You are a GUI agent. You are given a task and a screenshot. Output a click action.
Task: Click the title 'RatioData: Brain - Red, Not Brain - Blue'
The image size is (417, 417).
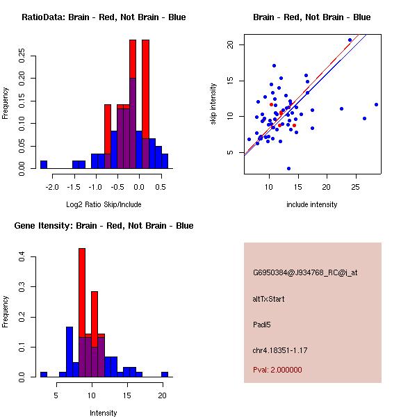(104, 17)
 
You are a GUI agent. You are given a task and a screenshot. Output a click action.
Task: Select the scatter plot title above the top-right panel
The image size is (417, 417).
(311, 17)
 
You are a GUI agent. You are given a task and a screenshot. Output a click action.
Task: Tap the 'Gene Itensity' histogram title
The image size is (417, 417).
(104, 226)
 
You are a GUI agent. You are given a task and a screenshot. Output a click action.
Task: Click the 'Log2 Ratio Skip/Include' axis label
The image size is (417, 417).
(104, 204)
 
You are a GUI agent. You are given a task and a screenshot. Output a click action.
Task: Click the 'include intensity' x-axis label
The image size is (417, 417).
(311, 204)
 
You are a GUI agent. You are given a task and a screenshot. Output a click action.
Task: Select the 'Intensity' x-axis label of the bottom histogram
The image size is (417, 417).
(104, 413)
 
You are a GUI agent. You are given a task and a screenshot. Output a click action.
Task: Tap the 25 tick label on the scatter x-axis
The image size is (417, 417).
(356, 186)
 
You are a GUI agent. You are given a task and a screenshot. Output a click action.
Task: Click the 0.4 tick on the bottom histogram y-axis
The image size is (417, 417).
(22, 257)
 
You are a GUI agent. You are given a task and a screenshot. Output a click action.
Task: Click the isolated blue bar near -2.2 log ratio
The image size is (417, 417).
(44, 165)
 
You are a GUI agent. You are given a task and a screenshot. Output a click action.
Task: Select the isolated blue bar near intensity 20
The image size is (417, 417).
(165, 374)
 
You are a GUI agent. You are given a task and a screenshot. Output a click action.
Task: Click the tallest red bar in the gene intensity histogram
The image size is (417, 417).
(82, 292)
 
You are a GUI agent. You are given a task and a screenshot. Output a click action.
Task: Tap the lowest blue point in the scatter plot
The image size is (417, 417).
(288, 168)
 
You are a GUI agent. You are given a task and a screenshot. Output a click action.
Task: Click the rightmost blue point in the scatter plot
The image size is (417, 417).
(376, 104)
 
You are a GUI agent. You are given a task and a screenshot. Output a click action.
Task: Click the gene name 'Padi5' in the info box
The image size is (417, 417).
(262, 325)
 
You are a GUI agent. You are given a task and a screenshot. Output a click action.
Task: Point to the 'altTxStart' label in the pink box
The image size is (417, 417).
(269, 299)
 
